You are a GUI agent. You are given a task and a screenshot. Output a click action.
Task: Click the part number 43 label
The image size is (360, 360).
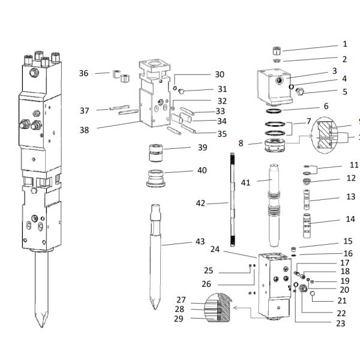click(200, 242)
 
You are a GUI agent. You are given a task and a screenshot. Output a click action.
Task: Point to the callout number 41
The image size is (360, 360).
click(246, 182)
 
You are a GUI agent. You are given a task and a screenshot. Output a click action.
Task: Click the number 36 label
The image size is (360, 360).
click(84, 73)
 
